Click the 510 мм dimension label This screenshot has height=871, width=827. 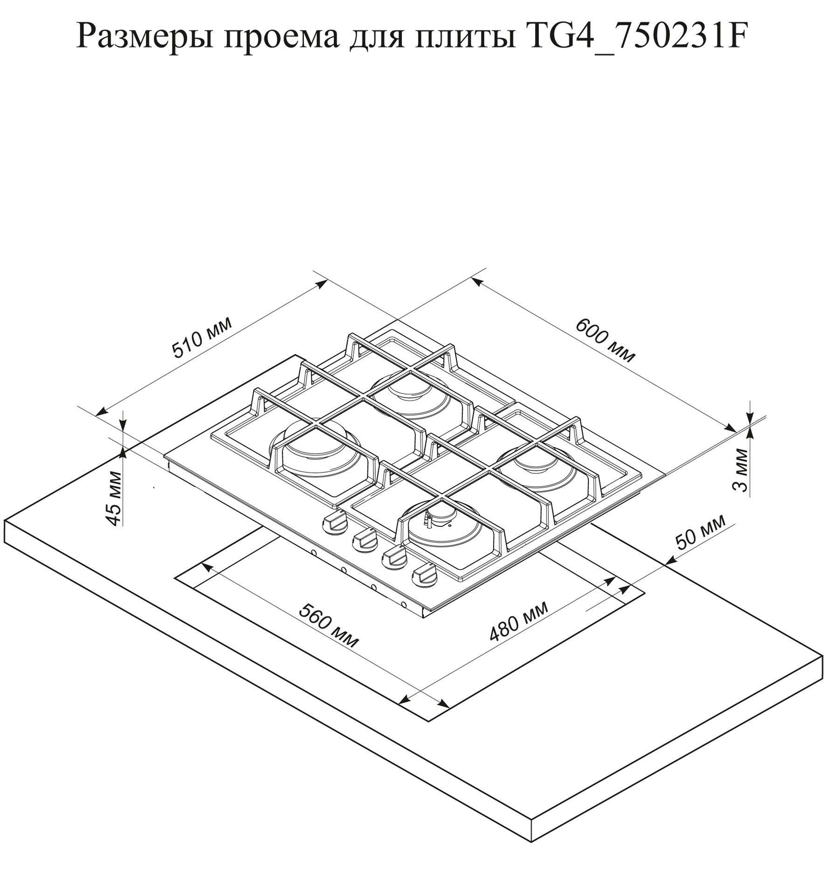point(202,338)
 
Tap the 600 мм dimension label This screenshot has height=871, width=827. point(605,340)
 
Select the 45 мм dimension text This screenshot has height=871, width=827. point(114,498)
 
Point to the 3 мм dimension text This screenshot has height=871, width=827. point(740,470)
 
